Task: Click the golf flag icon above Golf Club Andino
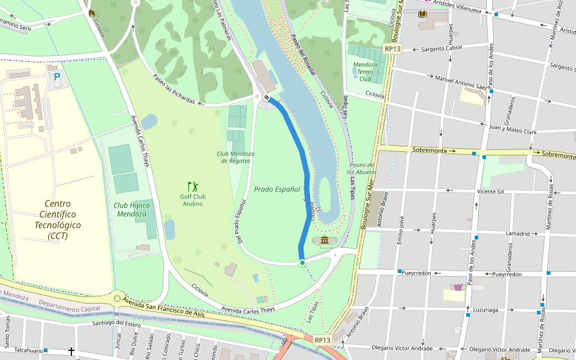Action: pyautogui.click(x=192, y=187)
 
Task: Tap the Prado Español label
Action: pyautogui.click(x=277, y=189)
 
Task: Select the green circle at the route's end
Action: pyautogui.click(x=302, y=263)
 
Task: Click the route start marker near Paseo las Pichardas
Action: pyautogui.click(x=266, y=97)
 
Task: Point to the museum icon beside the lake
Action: pyautogui.click(x=325, y=241)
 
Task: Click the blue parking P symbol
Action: pyautogui.click(x=57, y=77)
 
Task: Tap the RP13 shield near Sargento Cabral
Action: pyautogui.click(x=392, y=49)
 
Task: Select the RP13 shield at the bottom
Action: pyautogui.click(x=322, y=340)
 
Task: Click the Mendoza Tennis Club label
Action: pyautogui.click(x=365, y=71)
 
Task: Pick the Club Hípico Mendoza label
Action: pyautogui.click(x=131, y=209)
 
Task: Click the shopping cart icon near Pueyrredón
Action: pyautogui.click(x=458, y=287)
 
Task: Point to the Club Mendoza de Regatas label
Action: pyautogui.click(x=236, y=157)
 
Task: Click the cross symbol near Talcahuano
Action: pyautogui.click(x=71, y=351)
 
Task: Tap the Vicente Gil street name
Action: pyautogui.click(x=490, y=191)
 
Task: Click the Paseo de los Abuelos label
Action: pyautogui.click(x=362, y=169)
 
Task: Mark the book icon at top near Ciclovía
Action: pyautogui.click(x=422, y=14)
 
